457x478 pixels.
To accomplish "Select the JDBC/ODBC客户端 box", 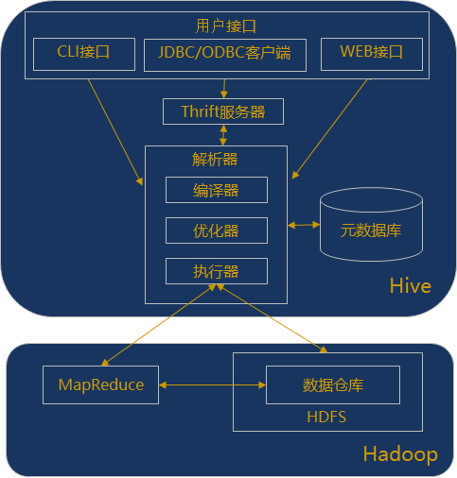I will tap(224, 54).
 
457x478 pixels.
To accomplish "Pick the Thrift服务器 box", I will tap(222, 111).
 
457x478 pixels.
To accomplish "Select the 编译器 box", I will tap(216, 190).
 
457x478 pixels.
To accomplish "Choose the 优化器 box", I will tap(216, 230).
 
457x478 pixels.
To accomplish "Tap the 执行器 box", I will tap(216, 271).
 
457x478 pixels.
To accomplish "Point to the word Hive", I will tap(410, 286).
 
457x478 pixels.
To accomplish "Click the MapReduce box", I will tap(101, 384).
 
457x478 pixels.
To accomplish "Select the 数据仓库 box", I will tap(332, 384).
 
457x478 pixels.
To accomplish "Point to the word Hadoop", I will tap(399, 454).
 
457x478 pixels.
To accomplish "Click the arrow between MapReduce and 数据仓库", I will tap(212, 385).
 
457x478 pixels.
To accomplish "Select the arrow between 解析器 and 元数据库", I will tap(304, 225).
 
